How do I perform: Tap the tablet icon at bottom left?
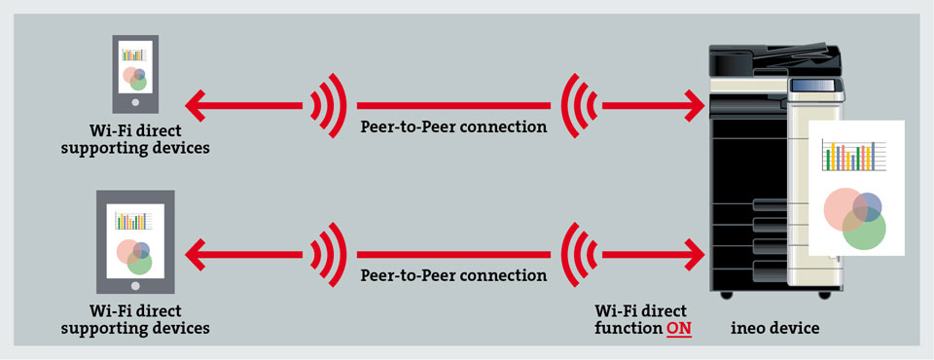(135, 241)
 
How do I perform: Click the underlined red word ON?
(678, 329)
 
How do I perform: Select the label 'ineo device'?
(775, 329)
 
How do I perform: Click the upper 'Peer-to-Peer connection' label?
(453, 126)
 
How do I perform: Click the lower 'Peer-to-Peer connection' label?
(453, 275)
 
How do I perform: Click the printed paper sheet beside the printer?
(855, 188)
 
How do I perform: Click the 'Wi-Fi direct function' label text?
(641, 320)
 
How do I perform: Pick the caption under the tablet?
(135, 320)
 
